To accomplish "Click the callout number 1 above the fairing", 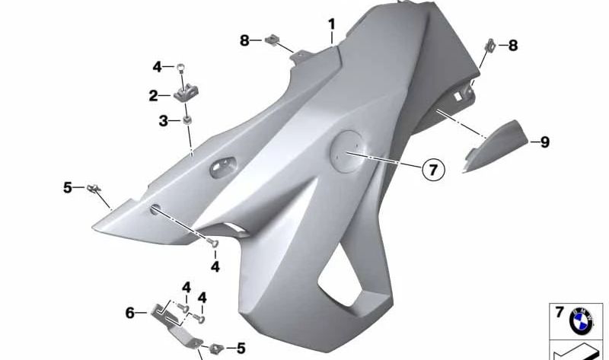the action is (x=331, y=24).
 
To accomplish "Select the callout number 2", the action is (x=154, y=96).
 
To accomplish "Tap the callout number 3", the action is (x=163, y=121).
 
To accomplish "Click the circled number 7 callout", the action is (x=433, y=169).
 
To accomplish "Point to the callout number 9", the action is (x=545, y=142).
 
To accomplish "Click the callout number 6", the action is (x=130, y=313).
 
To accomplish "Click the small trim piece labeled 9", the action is (x=496, y=146).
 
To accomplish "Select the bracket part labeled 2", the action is (x=186, y=94).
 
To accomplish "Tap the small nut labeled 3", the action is (x=187, y=120).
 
